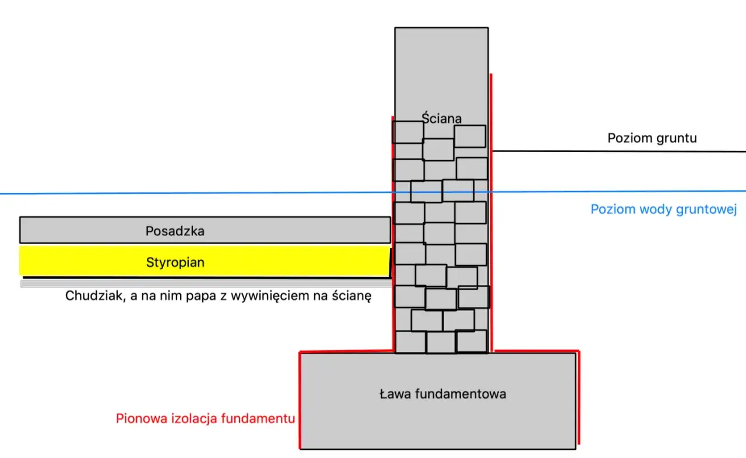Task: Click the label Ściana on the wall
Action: tap(441, 118)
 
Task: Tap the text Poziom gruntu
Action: tap(652, 138)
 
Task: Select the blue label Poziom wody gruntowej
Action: tap(664, 209)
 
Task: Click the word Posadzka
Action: tap(175, 231)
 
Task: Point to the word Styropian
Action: tap(175, 262)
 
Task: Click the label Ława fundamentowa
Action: tap(442, 394)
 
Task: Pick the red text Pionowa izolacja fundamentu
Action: tap(205, 418)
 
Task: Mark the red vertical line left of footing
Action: tap(300, 402)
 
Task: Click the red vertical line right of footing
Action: tap(578, 396)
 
